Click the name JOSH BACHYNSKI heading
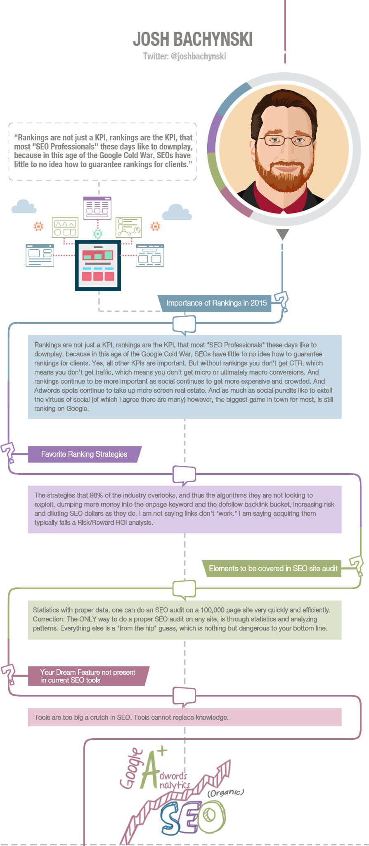[x=192, y=39]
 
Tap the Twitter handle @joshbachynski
[x=184, y=56]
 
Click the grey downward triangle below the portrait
[x=282, y=234]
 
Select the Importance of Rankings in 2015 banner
[x=216, y=303]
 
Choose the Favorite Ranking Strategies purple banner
[x=84, y=454]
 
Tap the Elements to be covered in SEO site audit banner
[x=273, y=569]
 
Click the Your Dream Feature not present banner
[x=88, y=676]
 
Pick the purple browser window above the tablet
[x=97, y=208]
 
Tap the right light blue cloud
[x=177, y=212]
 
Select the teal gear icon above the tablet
[x=98, y=234]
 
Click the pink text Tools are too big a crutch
[x=131, y=717]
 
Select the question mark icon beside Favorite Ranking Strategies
[x=8, y=452]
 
